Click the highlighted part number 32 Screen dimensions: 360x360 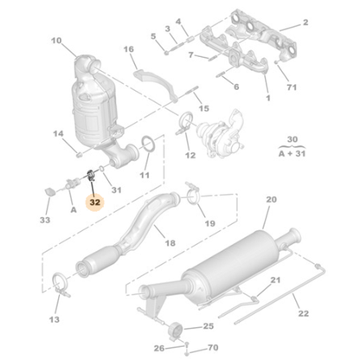coord(95,203)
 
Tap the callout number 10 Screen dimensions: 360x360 coord(56,41)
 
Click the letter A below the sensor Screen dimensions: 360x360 coord(74,209)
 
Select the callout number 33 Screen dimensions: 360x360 coord(46,221)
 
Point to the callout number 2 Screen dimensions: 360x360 coord(305,22)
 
